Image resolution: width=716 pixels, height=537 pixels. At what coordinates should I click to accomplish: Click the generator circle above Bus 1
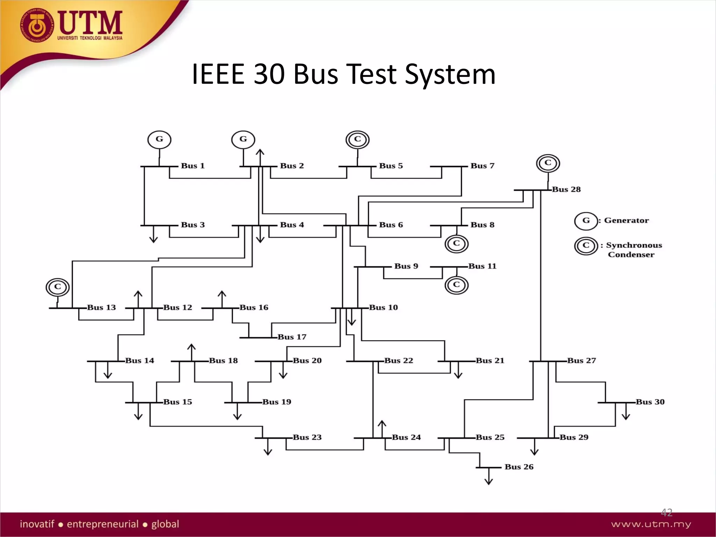coord(159,139)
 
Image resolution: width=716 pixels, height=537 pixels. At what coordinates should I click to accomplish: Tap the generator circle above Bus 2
coord(243,139)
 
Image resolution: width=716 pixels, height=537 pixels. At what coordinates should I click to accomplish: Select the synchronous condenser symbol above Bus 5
coord(357,139)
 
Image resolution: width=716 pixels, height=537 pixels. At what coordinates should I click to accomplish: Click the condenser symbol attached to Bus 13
coord(58,287)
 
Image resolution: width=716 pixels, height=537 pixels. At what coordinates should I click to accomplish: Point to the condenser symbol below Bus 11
coord(456,285)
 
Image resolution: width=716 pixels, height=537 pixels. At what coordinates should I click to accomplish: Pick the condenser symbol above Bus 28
coord(548,163)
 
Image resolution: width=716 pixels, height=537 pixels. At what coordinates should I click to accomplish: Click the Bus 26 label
coord(519,467)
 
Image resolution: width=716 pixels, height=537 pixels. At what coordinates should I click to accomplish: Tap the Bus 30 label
coord(650,402)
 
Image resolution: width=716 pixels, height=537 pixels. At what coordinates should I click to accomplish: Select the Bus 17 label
coord(292,337)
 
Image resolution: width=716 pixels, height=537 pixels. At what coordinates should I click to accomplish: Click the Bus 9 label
coord(406,266)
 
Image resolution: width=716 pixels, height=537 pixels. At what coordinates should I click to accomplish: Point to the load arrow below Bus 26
coord(489,478)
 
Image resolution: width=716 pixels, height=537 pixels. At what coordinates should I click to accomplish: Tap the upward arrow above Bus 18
coord(191,352)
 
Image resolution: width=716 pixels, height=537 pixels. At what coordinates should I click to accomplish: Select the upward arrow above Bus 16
coord(222,299)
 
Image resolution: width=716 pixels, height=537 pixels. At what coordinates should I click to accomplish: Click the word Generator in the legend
coord(626,220)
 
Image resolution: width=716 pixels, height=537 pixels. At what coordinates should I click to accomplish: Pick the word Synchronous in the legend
coord(634,245)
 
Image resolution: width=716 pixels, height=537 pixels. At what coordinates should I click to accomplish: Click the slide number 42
coord(666,513)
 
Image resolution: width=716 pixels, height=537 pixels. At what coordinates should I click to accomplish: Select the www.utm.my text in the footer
coord(651,524)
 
